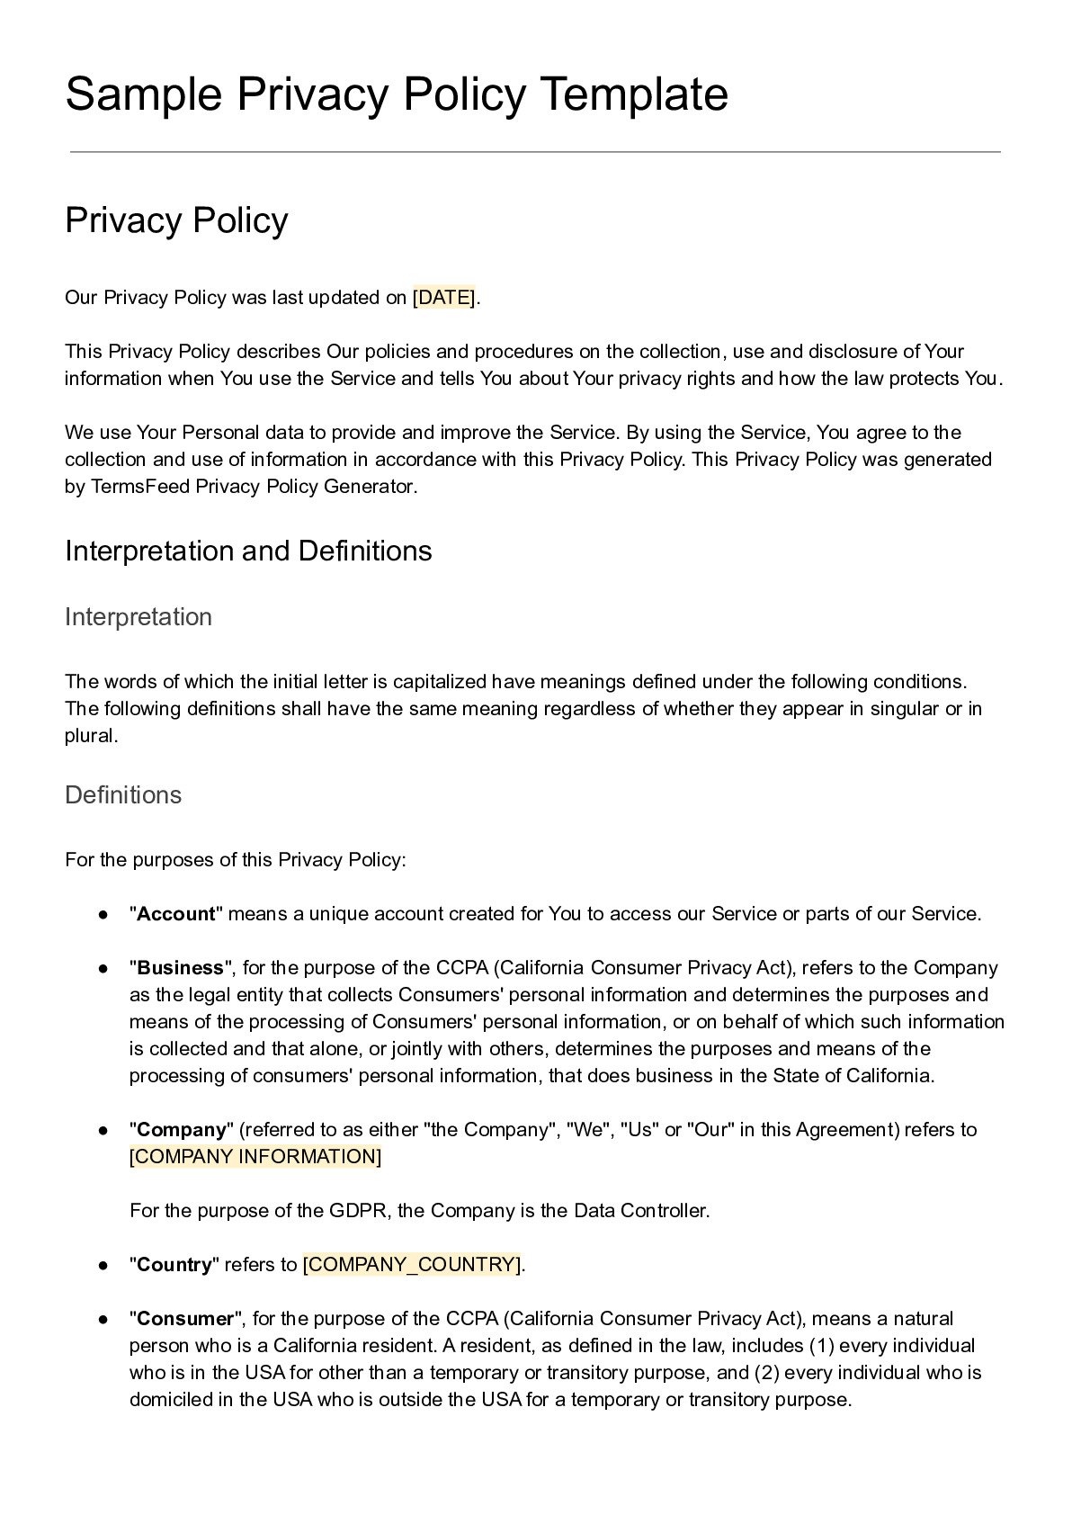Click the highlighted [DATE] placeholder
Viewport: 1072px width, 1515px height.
tap(444, 298)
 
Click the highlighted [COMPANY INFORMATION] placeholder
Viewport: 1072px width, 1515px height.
tap(255, 1157)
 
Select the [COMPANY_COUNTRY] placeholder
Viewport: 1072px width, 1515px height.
tap(412, 1265)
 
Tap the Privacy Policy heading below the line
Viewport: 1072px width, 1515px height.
tap(176, 220)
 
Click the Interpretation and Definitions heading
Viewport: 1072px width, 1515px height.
tap(248, 551)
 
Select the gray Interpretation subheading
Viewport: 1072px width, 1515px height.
tap(138, 617)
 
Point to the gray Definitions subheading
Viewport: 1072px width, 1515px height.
tap(123, 795)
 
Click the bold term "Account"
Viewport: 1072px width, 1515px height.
tap(176, 914)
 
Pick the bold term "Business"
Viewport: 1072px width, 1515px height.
tap(180, 968)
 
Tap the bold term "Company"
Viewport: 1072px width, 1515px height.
tap(181, 1130)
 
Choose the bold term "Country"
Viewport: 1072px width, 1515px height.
tap(174, 1265)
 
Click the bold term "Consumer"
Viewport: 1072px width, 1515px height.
tap(185, 1319)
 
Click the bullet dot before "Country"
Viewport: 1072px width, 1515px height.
tap(103, 1265)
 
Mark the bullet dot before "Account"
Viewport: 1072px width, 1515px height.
tap(103, 914)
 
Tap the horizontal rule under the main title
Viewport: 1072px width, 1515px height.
tap(535, 152)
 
